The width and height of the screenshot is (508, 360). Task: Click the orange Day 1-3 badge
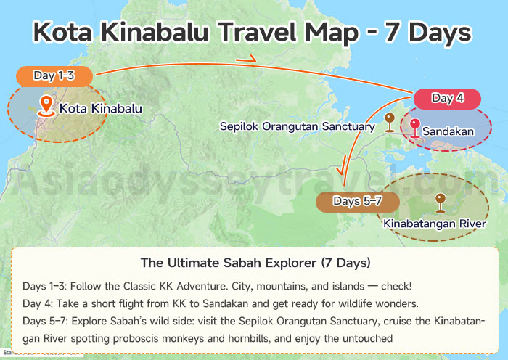click(x=55, y=75)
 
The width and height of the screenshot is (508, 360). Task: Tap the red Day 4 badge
click(x=447, y=99)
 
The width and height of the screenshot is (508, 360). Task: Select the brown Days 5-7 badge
click(x=348, y=201)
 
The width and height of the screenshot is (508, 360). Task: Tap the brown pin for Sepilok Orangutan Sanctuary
click(x=390, y=121)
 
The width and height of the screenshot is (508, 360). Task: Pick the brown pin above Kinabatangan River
click(x=439, y=200)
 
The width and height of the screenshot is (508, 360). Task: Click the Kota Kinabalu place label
click(x=101, y=109)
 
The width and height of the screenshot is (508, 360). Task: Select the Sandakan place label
click(x=448, y=131)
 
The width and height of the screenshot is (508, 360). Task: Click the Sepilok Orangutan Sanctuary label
click(x=298, y=127)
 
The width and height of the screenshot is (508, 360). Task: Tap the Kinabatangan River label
click(x=434, y=224)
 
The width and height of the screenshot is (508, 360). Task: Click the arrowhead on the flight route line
click(x=249, y=58)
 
